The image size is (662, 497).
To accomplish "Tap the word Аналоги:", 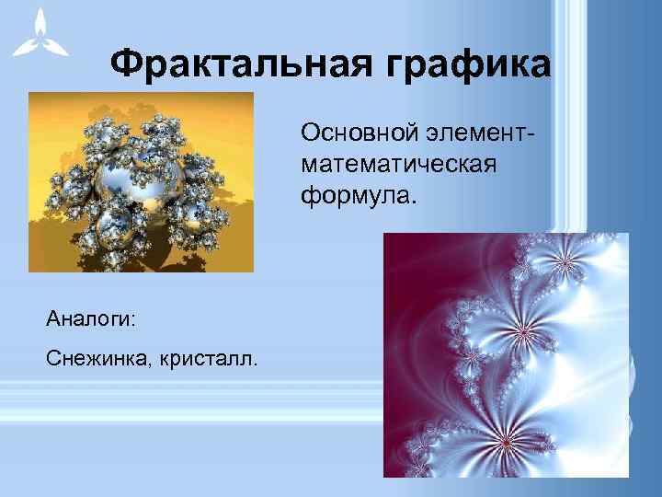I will [x=90, y=319].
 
